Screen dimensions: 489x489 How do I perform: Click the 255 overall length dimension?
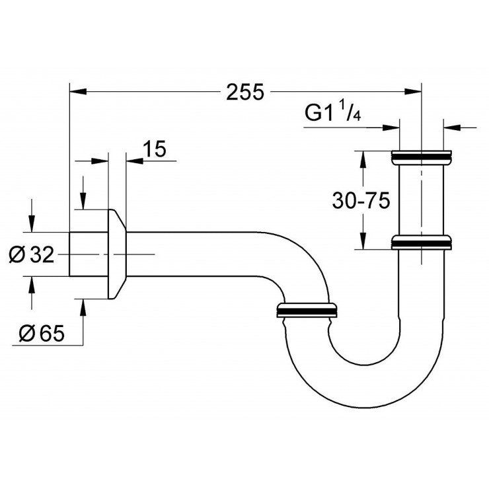click(x=244, y=93)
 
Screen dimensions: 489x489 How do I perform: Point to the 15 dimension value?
click(x=153, y=150)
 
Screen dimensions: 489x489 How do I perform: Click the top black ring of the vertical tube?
click(x=422, y=157)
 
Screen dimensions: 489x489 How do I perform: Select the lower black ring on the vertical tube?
click(x=422, y=243)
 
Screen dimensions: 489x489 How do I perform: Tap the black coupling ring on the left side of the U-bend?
click(x=307, y=311)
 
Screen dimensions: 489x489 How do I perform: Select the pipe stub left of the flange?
click(x=89, y=254)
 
